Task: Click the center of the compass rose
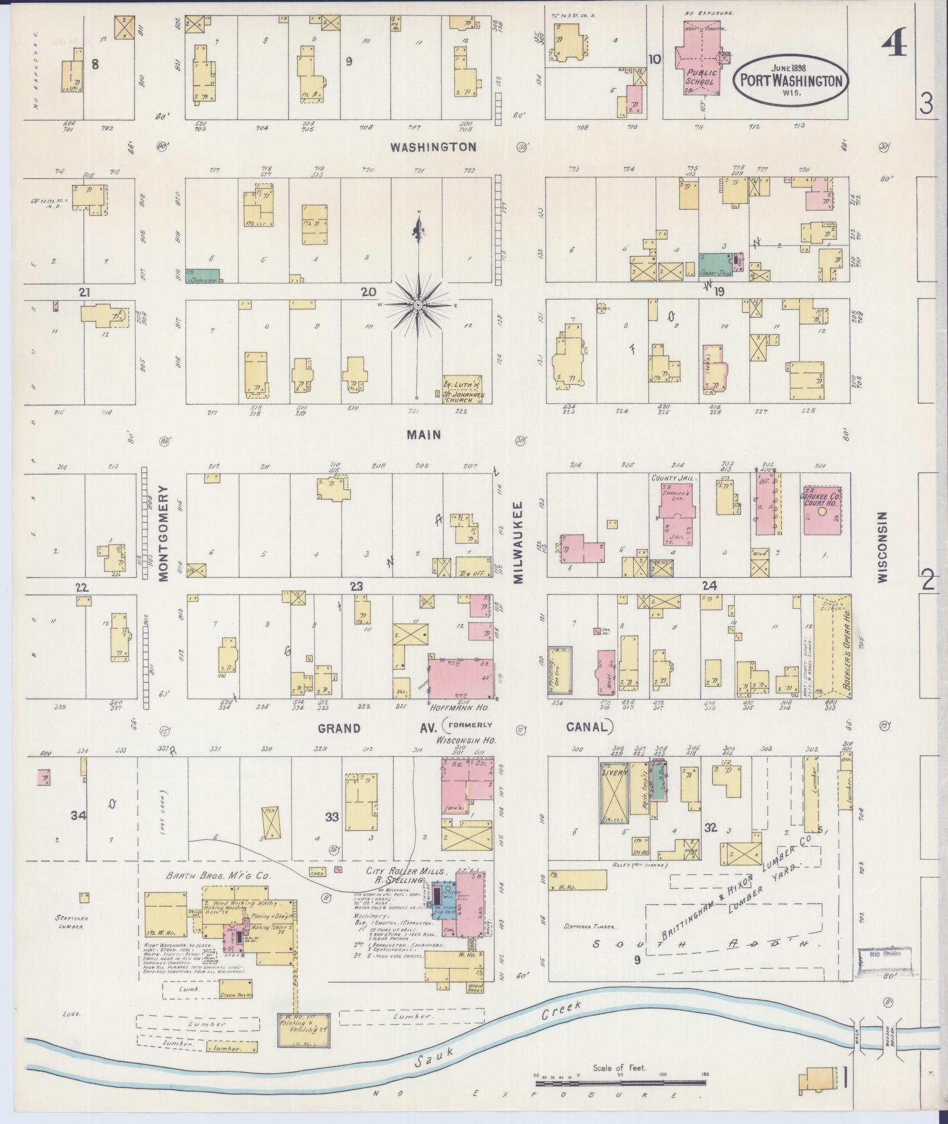tap(418, 306)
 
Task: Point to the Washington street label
tap(434, 147)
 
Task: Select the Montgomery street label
tap(163, 534)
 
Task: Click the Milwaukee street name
tap(518, 542)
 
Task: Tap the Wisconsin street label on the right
tap(882, 546)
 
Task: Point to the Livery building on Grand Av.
tap(614, 792)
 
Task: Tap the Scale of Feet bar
tap(621, 1082)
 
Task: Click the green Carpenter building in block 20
tap(203, 275)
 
